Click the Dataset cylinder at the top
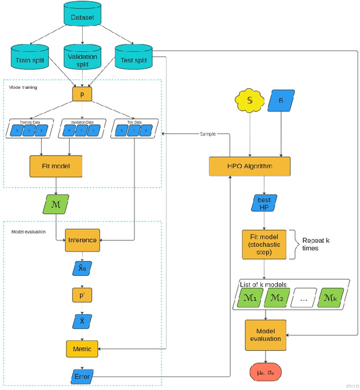point(83,17)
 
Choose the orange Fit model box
point(56,166)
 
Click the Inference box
point(83,240)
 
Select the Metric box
point(82,348)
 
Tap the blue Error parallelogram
point(82,375)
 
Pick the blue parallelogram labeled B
point(281,101)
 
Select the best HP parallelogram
point(264,203)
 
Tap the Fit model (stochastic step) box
point(264,244)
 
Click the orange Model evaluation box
point(265,335)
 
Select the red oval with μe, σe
point(264,372)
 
